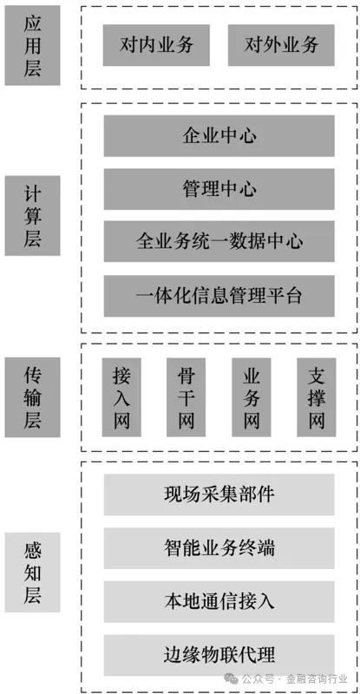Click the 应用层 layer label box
click(32, 45)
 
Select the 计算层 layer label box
click(32, 215)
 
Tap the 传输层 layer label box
click(32, 397)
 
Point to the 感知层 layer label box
click(32, 573)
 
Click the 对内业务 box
click(156, 45)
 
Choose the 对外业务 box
click(281, 45)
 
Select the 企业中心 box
click(219, 136)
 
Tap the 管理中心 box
click(219, 189)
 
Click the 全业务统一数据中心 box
click(219, 242)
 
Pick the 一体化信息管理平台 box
click(219, 296)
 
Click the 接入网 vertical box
click(121, 397)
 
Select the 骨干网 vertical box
click(186, 397)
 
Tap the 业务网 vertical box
click(252, 397)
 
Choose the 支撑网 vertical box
click(317, 397)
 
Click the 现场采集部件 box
click(219, 494)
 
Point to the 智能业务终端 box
click(219, 548)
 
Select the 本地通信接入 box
click(219, 601)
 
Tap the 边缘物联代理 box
click(219, 655)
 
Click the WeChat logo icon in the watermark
click(231, 678)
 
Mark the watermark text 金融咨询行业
click(317, 679)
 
